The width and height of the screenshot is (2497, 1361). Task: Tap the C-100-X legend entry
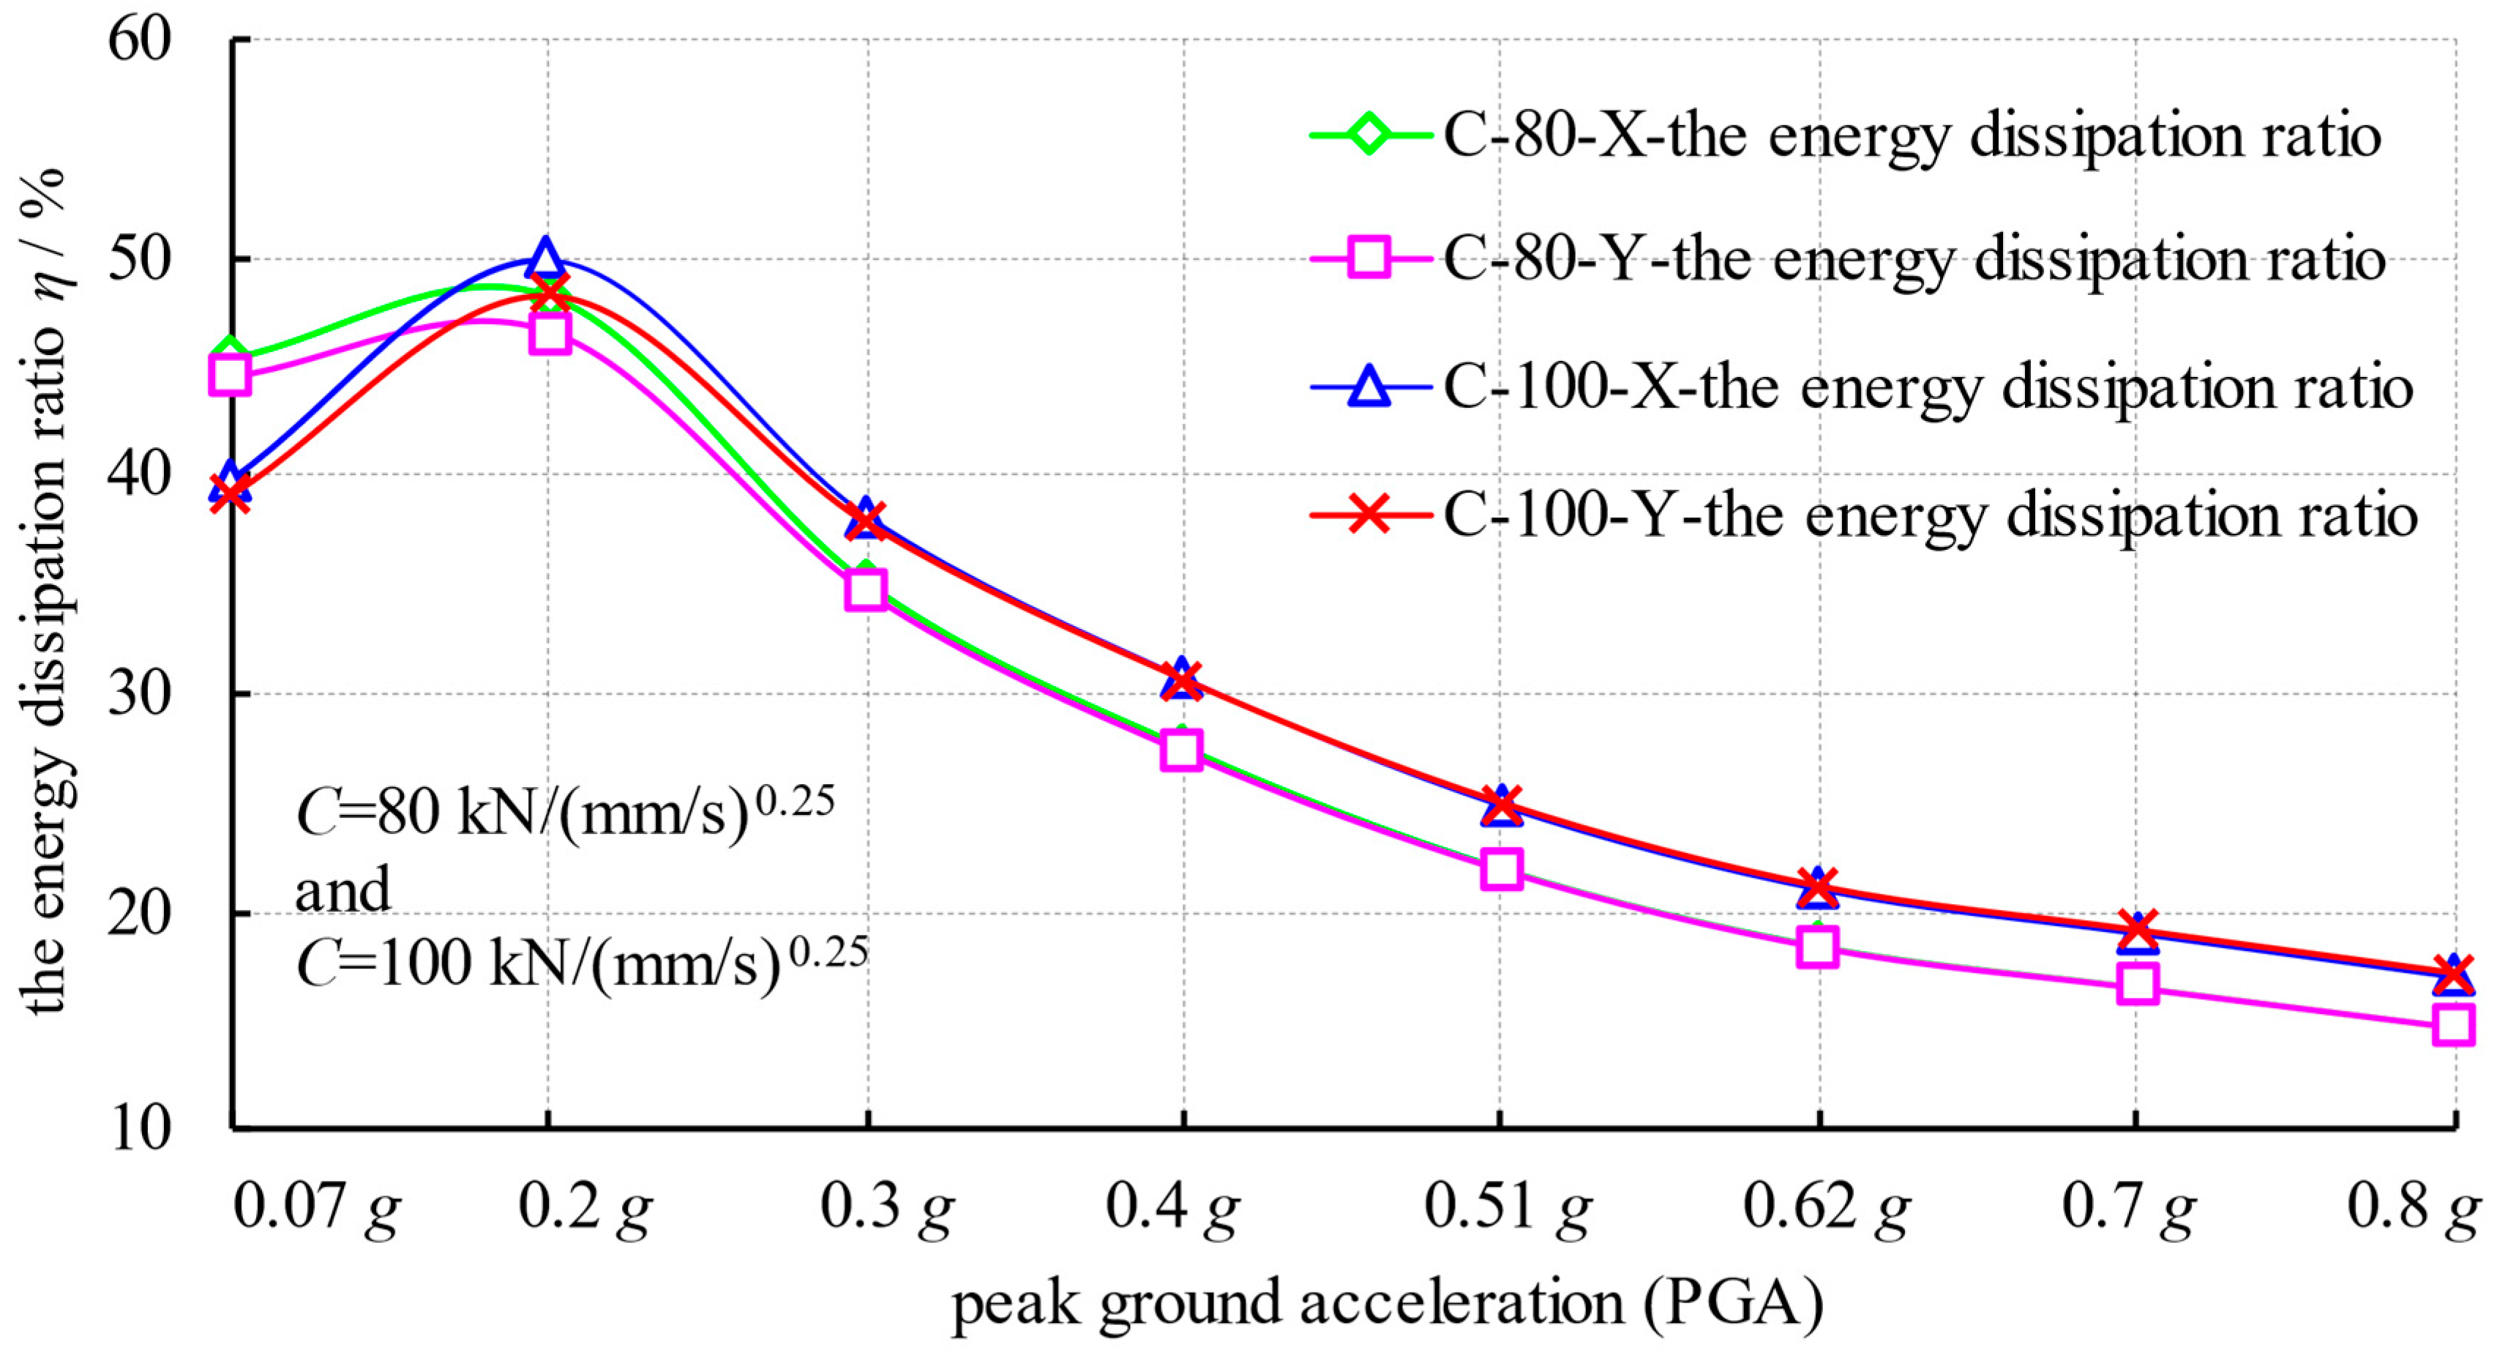(x=1926, y=388)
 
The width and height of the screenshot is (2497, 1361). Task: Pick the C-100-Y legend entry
(x=1929, y=515)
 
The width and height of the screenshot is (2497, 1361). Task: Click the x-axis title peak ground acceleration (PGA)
(x=1387, y=1304)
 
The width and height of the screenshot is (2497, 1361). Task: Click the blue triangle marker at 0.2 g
(x=546, y=258)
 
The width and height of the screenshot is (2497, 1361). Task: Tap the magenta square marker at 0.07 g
(x=230, y=374)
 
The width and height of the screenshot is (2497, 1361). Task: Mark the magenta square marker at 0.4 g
(x=1182, y=750)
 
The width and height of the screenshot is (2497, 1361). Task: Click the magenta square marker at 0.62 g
(x=1818, y=946)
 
